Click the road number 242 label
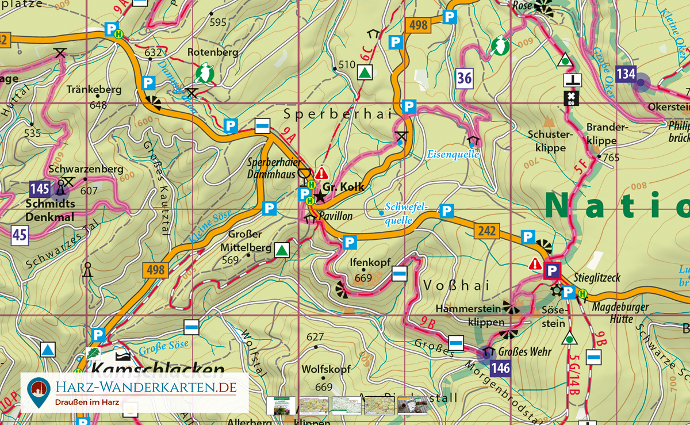pyautogui.click(x=485, y=231)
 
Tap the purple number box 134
pyautogui.click(x=626, y=74)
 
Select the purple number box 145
pyautogui.click(x=40, y=189)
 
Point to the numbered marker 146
pyautogui.click(x=501, y=368)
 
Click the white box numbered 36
pyautogui.click(x=465, y=78)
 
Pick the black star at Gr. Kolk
pyautogui.click(x=320, y=197)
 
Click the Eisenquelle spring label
pyautogui.click(x=453, y=154)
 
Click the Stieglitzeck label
pyautogui.click(x=597, y=278)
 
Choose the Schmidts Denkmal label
pyautogui.click(x=50, y=210)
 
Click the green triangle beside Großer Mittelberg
pyautogui.click(x=281, y=250)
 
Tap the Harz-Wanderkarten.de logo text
pyautogui.click(x=145, y=388)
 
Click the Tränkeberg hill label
pyautogui.click(x=94, y=90)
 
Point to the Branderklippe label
pyautogui.click(x=601, y=134)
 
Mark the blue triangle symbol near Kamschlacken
pyautogui.click(x=48, y=349)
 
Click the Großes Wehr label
pyautogui.click(x=524, y=351)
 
